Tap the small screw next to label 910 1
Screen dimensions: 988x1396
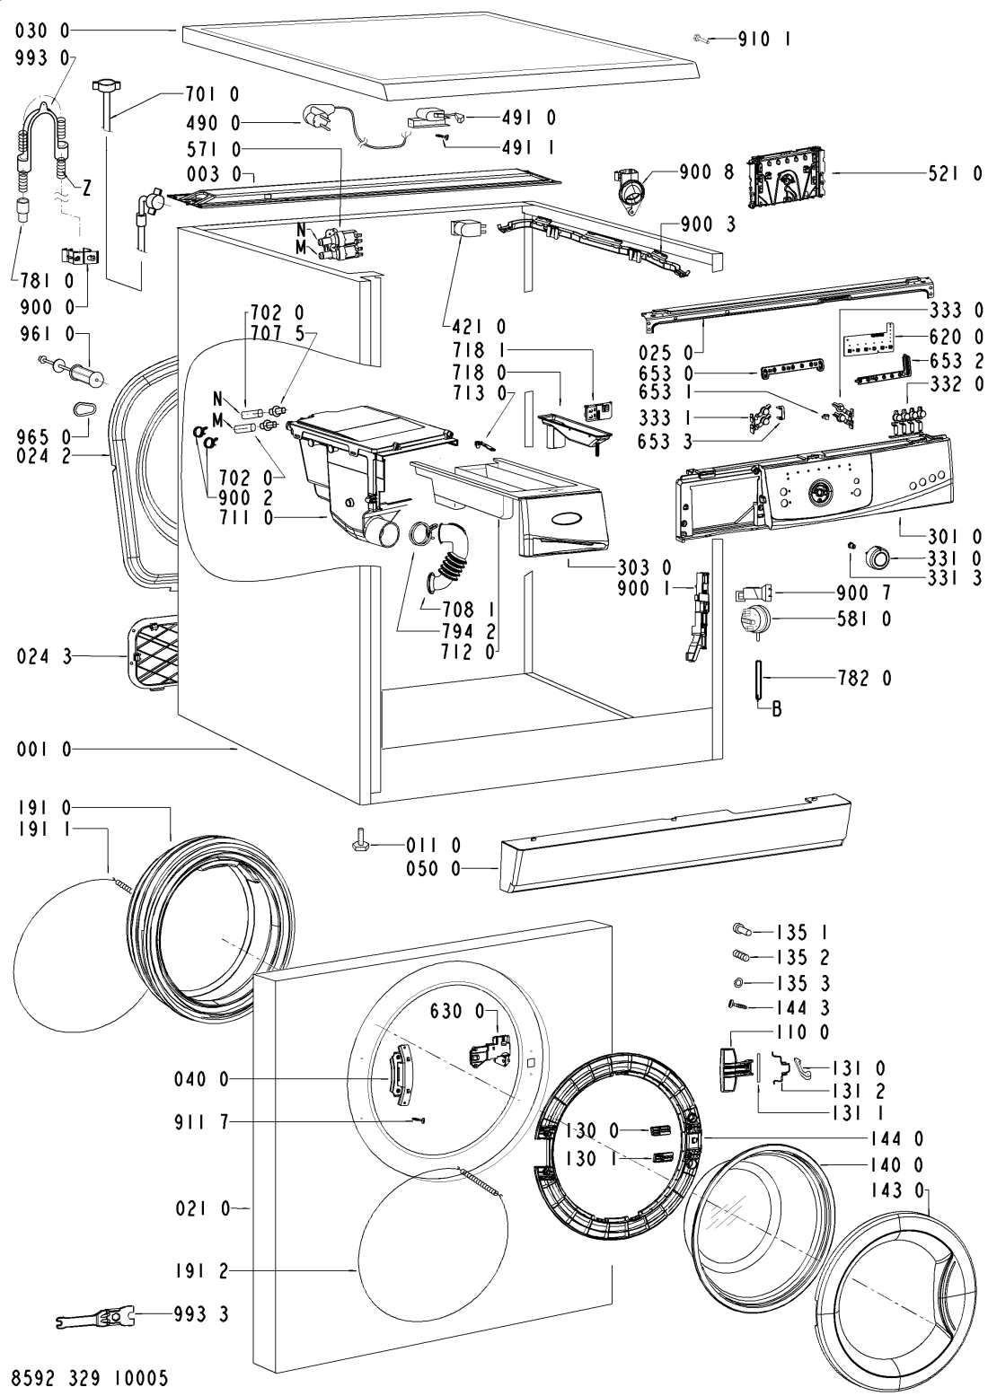pos(701,40)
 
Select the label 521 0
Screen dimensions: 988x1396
pos(955,175)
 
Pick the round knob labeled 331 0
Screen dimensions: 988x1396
pos(878,557)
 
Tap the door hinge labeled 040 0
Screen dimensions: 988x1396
pos(398,1076)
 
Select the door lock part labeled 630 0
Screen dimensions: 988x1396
pos(489,1051)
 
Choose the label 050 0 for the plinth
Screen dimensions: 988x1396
pos(433,868)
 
